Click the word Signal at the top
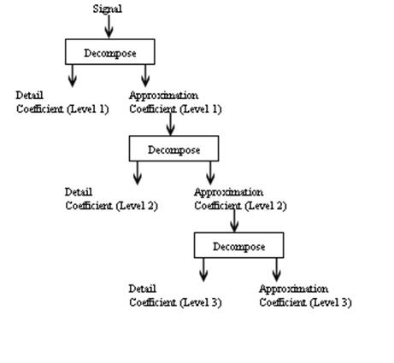(x=107, y=9)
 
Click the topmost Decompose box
(x=109, y=52)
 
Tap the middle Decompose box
(x=173, y=149)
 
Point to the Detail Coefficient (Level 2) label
(x=111, y=199)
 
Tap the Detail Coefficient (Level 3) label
(x=175, y=296)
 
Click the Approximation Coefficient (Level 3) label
(x=305, y=296)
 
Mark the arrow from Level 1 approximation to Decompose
(x=170, y=125)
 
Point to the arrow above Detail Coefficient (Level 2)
(x=137, y=173)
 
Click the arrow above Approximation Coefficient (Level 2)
(x=210, y=173)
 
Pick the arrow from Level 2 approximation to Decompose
(x=234, y=221)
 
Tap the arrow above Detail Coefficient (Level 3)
(x=203, y=270)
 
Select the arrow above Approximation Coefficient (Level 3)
(x=276, y=270)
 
